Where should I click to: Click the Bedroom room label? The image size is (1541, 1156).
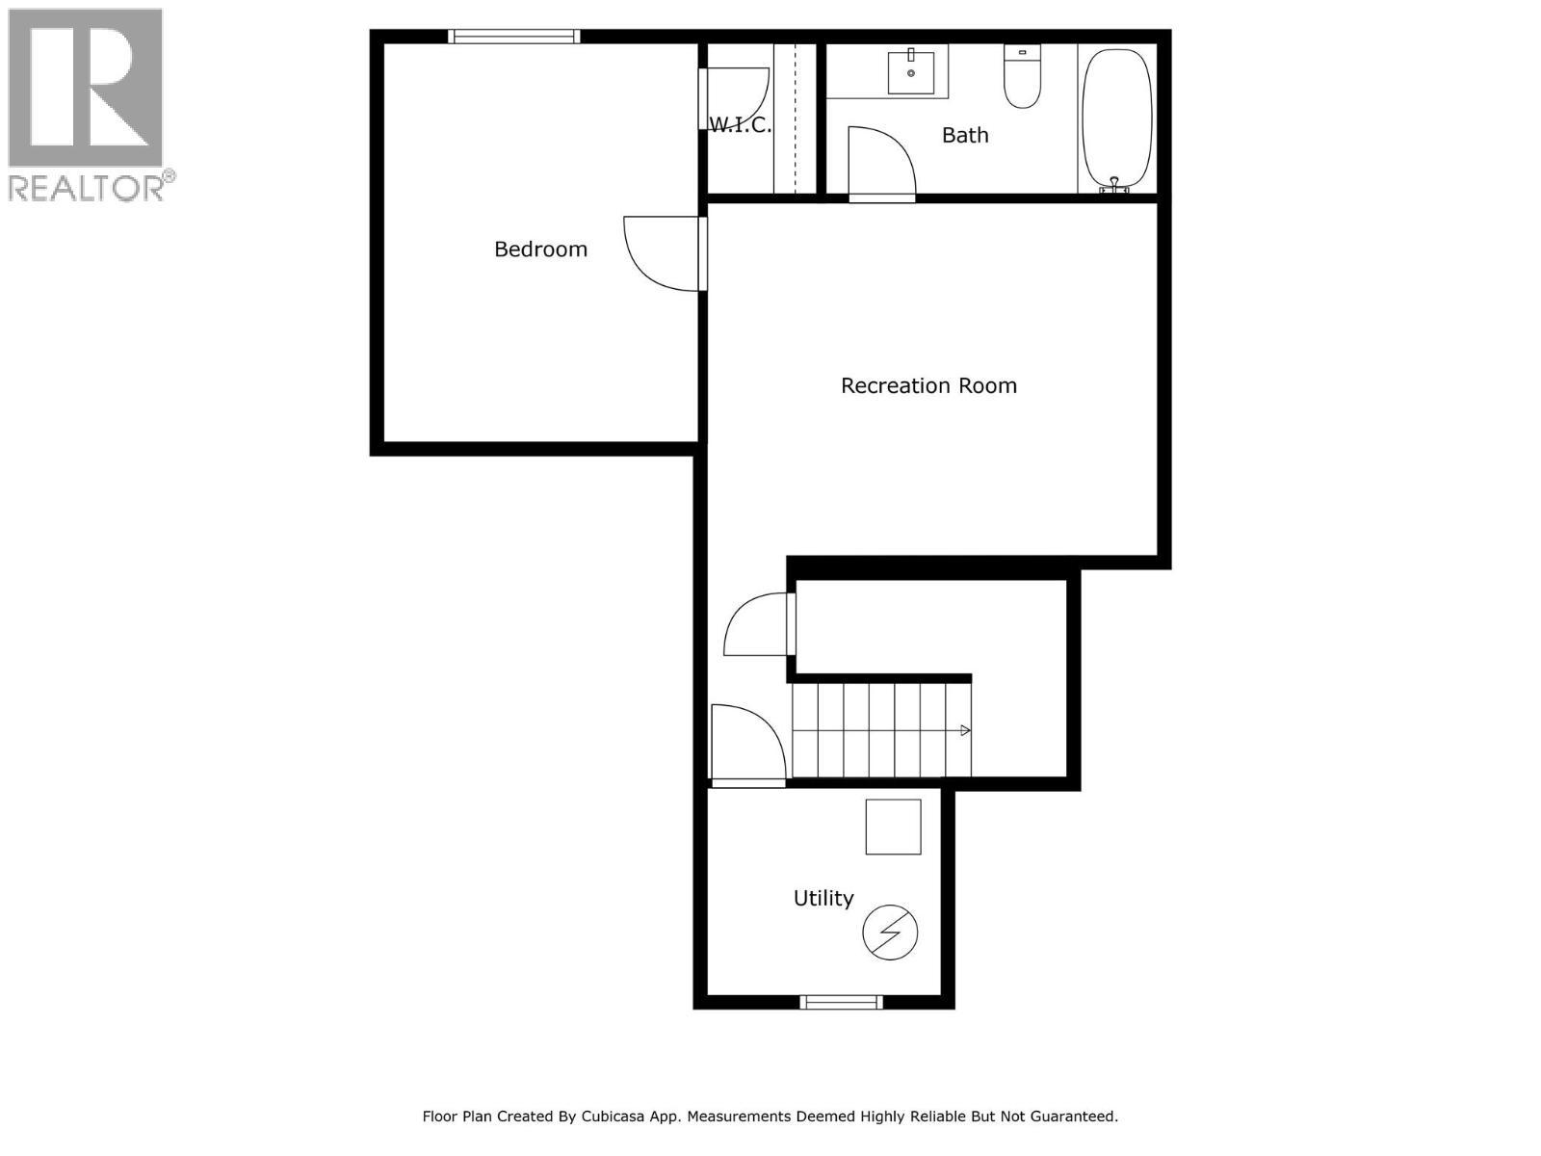click(x=540, y=250)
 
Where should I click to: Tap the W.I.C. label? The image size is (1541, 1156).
click(x=740, y=125)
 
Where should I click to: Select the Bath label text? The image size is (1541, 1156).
click(x=965, y=136)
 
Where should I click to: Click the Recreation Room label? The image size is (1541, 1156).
click(x=928, y=386)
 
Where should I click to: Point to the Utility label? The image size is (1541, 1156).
click(x=823, y=899)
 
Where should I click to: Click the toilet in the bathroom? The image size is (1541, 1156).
click(x=1022, y=77)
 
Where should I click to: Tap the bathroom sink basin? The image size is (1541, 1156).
click(x=910, y=72)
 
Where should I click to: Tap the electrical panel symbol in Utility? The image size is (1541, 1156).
click(x=889, y=933)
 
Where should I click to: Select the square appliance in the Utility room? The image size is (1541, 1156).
click(x=893, y=827)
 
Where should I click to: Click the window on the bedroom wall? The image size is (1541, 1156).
click(x=514, y=37)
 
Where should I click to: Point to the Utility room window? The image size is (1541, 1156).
click(x=842, y=1003)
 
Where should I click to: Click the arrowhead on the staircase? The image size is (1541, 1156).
click(x=965, y=730)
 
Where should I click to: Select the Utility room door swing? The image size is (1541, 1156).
click(x=745, y=744)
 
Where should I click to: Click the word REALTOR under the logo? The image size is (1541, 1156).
click(x=86, y=187)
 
